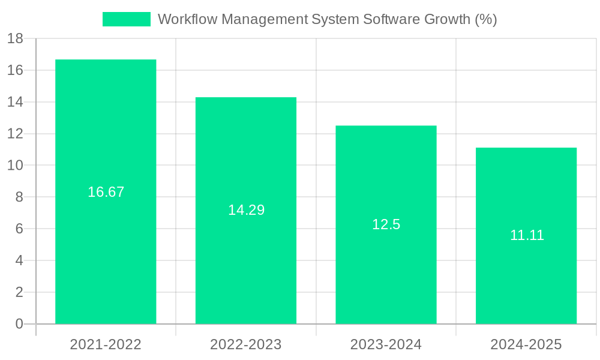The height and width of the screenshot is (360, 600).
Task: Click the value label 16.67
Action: click(x=106, y=192)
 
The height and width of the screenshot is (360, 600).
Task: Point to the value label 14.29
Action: click(x=246, y=210)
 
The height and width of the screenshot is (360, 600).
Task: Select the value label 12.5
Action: click(x=386, y=224)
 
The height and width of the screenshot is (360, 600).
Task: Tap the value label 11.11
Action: click(x=527, y=235)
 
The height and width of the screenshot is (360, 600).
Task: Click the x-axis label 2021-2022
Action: click(x=106, y=344)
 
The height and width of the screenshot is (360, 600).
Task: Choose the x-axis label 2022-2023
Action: click(x=246, y=344)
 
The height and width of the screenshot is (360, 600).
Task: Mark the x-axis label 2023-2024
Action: click(x=386, y=344)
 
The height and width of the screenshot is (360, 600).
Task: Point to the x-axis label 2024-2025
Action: click(x=526, y=344)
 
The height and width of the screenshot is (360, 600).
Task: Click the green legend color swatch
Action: click(x=127, y=19)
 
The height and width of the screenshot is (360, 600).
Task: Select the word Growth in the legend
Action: click(x=442, y=19)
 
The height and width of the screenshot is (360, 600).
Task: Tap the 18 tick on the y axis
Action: click(x=15, y=38)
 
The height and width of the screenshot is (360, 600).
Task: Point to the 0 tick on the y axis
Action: click(x=19, y=324)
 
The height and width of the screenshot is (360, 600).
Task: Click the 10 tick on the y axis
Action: click(x=15, y=166)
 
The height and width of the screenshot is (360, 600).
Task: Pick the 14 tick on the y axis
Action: click(x=15, y=102)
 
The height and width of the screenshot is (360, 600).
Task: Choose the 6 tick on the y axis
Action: click(x=19, y=229)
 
